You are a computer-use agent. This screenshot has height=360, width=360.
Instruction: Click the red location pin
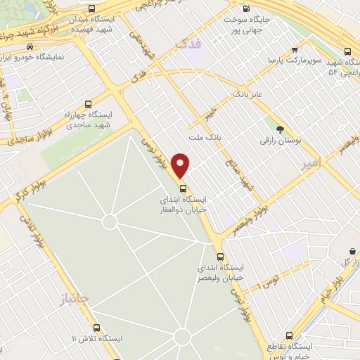click(181, 165)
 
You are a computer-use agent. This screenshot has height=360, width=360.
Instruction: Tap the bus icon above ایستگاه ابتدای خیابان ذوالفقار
click(183, 188)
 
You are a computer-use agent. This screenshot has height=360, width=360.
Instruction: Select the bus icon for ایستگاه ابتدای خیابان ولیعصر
click(221, 257)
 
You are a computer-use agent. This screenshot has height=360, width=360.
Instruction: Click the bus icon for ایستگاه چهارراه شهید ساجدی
click(87, 103)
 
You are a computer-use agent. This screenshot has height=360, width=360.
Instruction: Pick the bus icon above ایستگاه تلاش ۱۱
click(97, 328)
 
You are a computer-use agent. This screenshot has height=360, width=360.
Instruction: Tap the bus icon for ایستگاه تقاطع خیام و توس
click(289, 336)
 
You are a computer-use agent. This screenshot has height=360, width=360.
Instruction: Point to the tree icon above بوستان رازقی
click(281, 129)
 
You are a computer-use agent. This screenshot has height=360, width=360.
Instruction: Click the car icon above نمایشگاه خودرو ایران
click(29, 46)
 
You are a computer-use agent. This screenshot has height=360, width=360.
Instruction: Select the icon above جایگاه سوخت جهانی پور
click(245, 9)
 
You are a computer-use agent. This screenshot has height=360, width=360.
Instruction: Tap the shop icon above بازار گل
click(352, 251)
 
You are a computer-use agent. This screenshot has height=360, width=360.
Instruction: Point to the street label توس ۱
click(268, 281)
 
